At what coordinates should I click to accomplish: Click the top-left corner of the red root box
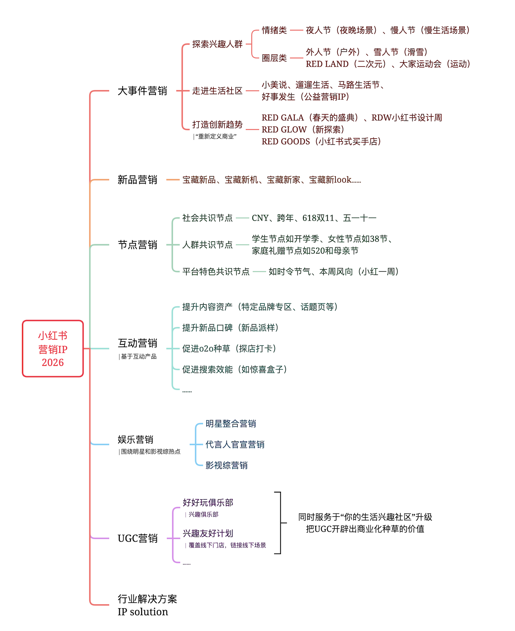tap(23, 321)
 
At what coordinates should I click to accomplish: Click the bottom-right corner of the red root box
tap(83, 377)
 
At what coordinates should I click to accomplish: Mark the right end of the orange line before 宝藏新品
tap(179, 179)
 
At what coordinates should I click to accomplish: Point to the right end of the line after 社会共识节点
tap(249, 218)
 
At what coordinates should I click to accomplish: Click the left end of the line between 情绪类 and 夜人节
tap(290, 30)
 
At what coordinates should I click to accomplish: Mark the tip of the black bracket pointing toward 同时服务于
tap(287, 523)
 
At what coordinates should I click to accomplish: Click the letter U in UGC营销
tap(121, 538)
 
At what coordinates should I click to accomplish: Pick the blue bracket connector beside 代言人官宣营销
tap(196, 444)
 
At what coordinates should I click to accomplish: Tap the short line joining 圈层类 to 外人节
tap(297, 58)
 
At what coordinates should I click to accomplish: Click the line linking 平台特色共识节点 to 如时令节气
tap(259, 272)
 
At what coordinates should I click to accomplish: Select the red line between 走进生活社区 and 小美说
tap(252, 91)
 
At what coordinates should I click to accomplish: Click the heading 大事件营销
tap(142, 91)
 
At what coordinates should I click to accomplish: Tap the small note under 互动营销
tap(138, 357)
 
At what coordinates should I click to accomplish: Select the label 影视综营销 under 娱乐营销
tap(227, 465)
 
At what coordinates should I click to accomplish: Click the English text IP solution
tap(143, 612)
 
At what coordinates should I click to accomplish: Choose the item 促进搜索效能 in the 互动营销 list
tap(208, 369)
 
